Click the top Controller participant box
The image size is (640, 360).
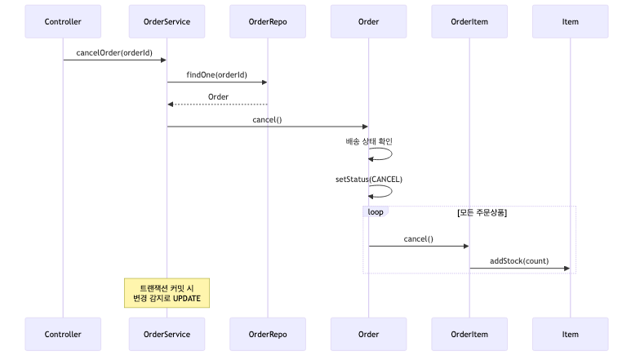63,21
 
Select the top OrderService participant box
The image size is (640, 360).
167,21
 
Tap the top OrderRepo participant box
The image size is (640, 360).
268,21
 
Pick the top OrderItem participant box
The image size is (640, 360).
469,21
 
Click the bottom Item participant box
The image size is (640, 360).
570,334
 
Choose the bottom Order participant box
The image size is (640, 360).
368,334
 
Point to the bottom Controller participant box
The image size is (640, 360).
63,334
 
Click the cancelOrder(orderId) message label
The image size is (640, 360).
114,53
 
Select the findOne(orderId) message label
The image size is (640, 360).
217,75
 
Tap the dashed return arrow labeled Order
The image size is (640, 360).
217,104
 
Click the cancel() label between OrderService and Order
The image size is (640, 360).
267,119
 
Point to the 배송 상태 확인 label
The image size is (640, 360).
368,141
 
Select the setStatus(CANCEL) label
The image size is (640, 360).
368,179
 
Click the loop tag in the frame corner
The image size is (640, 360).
376,211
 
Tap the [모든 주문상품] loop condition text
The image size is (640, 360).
482,212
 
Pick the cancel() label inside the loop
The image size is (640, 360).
418,239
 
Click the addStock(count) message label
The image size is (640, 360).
519,261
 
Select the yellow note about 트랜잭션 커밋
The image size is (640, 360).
167,293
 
